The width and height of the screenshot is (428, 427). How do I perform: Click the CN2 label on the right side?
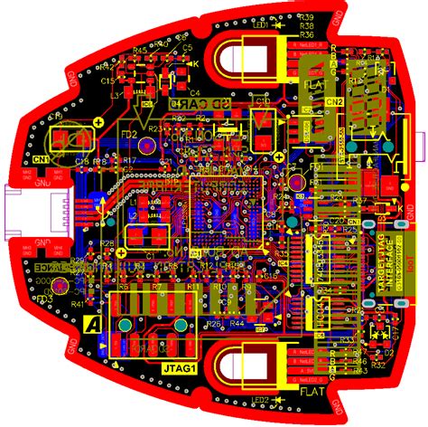point(334,102)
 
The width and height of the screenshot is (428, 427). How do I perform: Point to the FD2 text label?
point(128,136)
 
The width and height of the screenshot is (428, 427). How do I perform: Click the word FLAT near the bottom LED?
point(312,393)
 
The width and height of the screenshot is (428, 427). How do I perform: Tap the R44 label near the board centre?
point(237,323)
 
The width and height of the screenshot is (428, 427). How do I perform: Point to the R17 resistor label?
point(129,160)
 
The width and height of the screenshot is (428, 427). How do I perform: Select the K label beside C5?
point(196,63)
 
